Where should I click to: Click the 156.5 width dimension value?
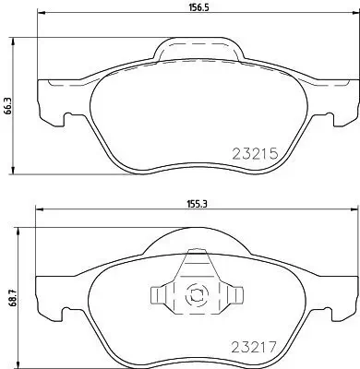pos(189,13)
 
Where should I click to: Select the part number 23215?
pos(255,156)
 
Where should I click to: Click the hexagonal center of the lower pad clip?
pos(194,297)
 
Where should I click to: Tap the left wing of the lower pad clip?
pos(161,296)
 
